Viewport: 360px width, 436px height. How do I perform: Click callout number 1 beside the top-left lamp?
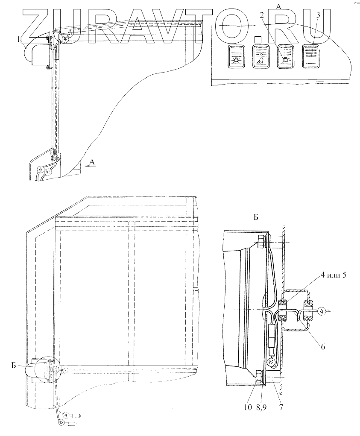pos(18,39)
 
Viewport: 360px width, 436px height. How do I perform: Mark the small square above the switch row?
pos(257,40)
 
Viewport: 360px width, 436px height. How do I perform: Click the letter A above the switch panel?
pos(278,6)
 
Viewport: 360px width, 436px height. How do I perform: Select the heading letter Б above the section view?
pos(255,217)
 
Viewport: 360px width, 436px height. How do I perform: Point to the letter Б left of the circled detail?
pos(14,365)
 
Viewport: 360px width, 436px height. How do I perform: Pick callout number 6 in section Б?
pos(323,347)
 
